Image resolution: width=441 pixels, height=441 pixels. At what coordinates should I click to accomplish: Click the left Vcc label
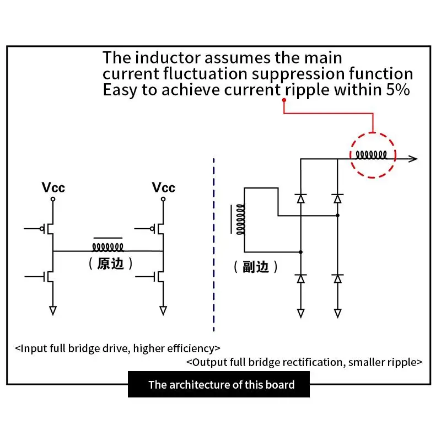click(x=53, y=187)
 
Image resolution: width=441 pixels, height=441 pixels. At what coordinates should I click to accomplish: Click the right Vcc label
click(x=163, y=187)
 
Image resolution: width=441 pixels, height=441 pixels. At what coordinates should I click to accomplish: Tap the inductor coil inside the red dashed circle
click(x=373, y=154)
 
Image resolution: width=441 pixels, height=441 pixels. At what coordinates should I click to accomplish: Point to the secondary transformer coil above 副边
click(x=240, y=219)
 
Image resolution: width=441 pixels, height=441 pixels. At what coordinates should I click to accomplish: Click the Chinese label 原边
click(x=110, y=263)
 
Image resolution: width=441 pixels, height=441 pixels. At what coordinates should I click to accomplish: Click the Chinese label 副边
click(x=256, y=267)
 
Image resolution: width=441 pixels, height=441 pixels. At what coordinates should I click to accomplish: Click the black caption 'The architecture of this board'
click(x=221, y=385)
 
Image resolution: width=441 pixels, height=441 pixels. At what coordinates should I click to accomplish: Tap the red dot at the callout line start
click(x=284, y=100)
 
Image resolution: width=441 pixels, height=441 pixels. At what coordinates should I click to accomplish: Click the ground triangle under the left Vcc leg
click(x=53, y=310)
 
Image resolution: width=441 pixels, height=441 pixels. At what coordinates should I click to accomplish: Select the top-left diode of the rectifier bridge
click(x=300, y=197)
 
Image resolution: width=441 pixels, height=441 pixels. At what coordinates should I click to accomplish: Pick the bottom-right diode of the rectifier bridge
click(x=338, y=278)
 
